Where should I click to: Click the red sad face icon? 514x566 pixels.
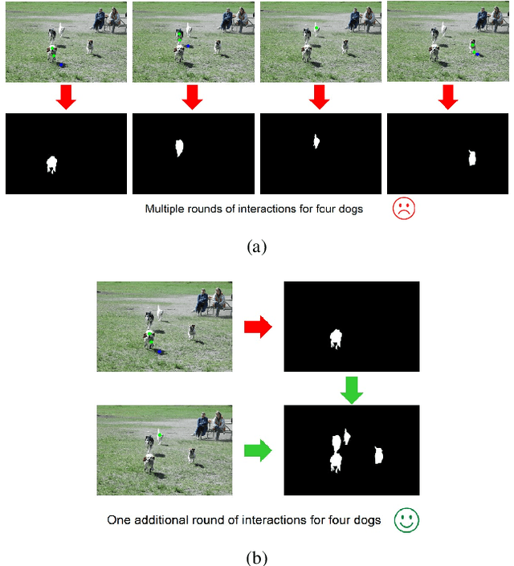pos(404,208)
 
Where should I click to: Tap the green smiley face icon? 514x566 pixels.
pos(406,520)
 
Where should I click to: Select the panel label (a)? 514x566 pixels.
pos(257,247)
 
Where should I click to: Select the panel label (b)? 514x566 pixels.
pos(257,558)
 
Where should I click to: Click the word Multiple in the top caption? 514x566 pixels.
pos(165,209)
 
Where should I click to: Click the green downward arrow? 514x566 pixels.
pos(352,390)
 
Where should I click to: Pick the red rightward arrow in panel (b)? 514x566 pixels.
pos(258,327)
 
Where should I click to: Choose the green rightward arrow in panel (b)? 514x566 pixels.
pos(258,450)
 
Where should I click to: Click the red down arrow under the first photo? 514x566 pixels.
pos(66,97)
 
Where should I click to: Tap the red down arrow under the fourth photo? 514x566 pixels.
pos(448,97)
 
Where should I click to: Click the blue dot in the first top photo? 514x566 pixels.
pos(61,64)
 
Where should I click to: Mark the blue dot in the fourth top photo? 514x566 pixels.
pos(478,55)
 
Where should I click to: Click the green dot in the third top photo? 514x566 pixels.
pos(316,28)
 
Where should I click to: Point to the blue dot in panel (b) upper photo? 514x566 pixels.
pos(159,352)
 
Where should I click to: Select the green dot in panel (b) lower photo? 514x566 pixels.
pos(160,435)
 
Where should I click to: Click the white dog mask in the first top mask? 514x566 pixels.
pos(52,165)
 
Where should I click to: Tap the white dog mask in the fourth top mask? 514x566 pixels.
pos(472,158)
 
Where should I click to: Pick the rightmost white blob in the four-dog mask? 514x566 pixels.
pos(378,455)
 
